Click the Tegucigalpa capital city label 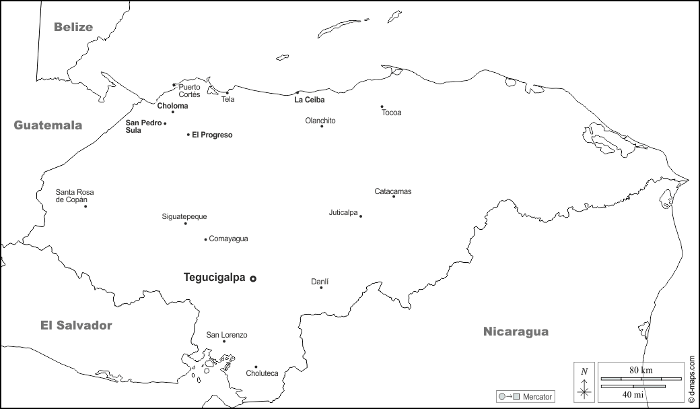[215, 277]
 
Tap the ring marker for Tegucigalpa [253, 278]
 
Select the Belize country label [73, 27]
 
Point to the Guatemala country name [48, 125]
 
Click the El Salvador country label [76, 325]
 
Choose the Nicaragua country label [516, 331]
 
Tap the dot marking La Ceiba [297, 93]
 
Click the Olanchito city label [320, 121]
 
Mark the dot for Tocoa [382, 106]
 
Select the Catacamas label [393, 191]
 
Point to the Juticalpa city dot [361, 216]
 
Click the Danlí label [320, 281]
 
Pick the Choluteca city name [262, 373]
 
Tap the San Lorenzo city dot [224, 342]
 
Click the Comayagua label [229, 239]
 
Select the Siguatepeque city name [184, 216]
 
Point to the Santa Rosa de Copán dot [85, 206]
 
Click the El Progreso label [212, 135]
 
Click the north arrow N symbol [584, 371]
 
